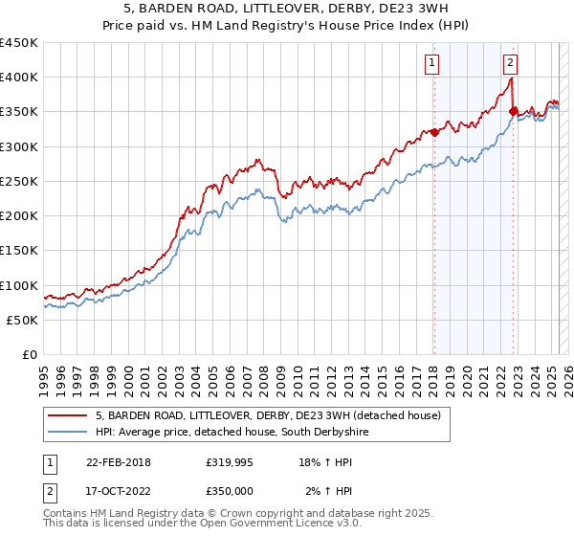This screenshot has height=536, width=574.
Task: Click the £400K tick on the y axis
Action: click(19, 78)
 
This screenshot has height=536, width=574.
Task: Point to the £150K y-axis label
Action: click(19, 251)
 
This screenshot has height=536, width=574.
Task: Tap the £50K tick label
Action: click(23, 320)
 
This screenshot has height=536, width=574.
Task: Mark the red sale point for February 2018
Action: click(433, 132)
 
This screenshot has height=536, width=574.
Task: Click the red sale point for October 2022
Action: click(513, 111)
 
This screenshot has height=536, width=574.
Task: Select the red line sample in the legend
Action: click(68, 415)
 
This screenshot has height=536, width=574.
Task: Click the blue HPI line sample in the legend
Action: click(68, 433)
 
